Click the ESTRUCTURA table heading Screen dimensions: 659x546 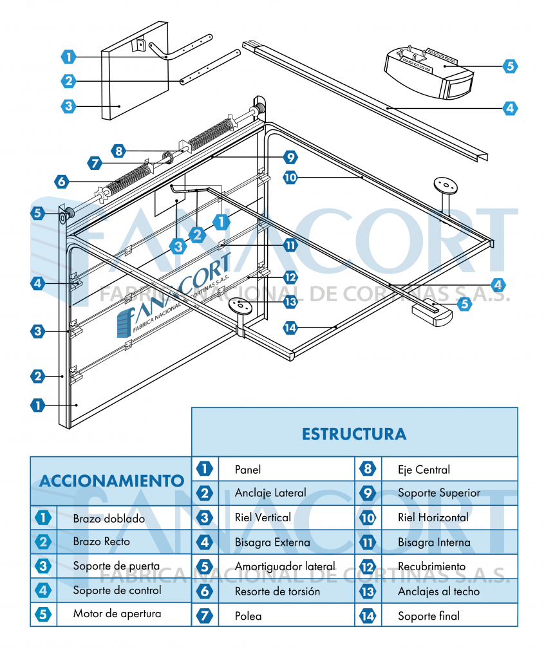354,433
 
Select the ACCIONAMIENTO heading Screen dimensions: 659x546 111,480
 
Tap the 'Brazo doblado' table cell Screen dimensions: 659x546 109,518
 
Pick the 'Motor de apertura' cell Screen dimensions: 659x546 117,613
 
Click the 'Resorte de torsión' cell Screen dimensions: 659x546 277,591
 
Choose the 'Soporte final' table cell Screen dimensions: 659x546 429,616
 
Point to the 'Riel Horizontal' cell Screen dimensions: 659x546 433,517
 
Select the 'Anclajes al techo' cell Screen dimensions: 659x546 438,591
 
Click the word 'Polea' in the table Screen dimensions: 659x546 249,616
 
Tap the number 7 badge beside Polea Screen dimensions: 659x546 205,616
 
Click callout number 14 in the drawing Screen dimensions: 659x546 292,328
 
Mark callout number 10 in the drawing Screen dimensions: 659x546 291,176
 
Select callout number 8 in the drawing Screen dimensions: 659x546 118,151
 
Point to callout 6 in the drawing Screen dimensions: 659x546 62,181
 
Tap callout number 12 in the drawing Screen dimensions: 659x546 291,277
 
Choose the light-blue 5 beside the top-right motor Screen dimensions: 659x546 510,66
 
